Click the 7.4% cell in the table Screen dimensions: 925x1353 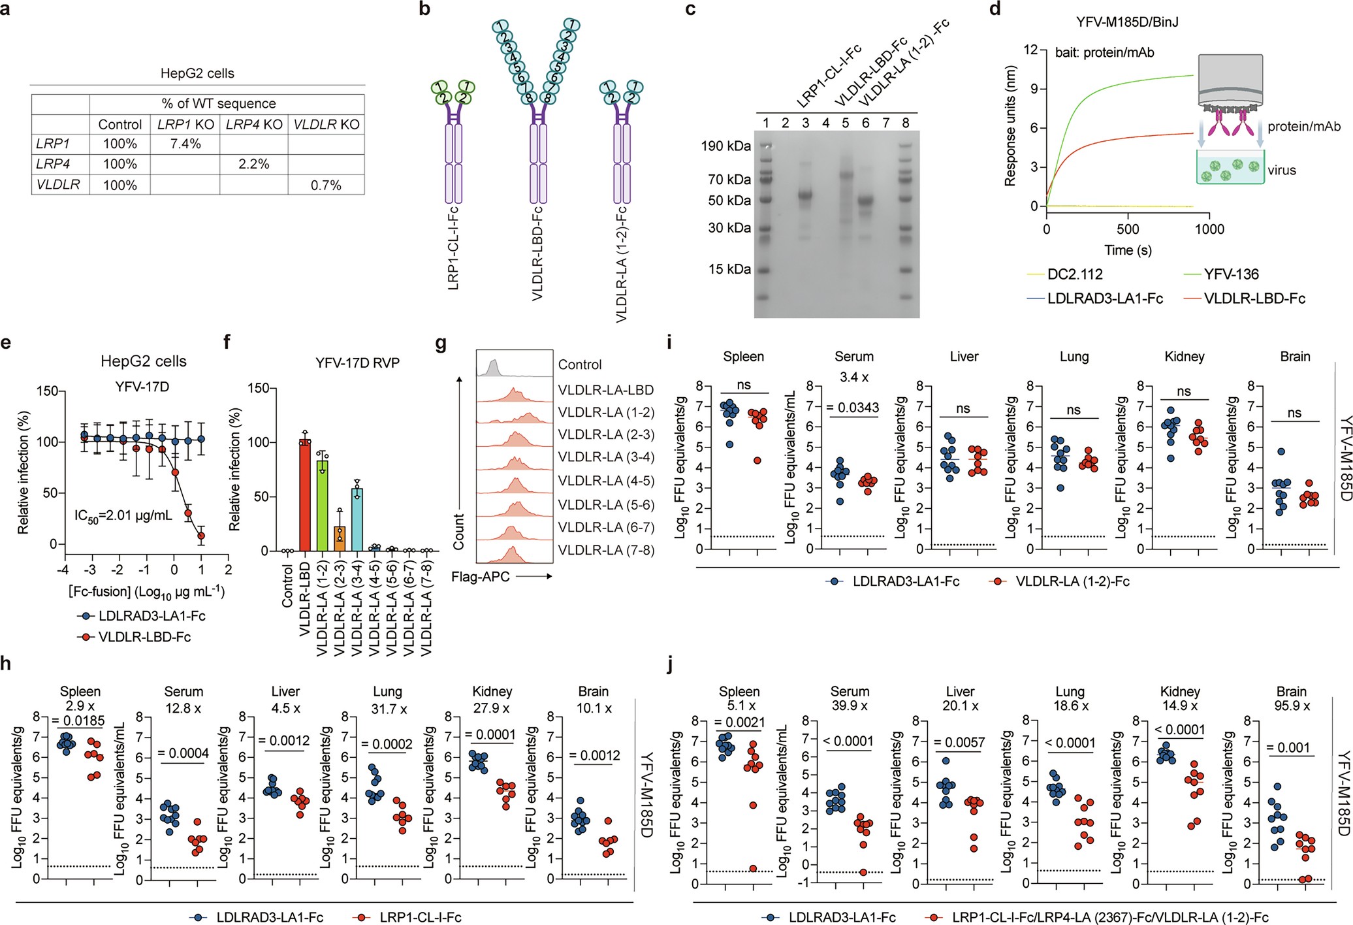pos(185,144)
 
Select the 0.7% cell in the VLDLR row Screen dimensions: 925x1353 pos(326,185)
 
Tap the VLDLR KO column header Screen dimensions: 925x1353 pos(326,124)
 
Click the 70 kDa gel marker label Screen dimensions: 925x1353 pos(729,179)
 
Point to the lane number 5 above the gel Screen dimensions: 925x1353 pos(845,123)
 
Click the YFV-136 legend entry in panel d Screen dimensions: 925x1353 pos(1230,274)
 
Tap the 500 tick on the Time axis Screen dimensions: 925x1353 pos(1128,229)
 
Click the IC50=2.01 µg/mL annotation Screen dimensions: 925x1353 pos(123,515)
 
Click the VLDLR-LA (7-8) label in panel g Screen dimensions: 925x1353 pos(606,550)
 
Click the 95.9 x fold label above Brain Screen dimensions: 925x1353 pos(1291,706)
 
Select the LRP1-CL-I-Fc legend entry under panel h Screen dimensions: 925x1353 pos(420,917)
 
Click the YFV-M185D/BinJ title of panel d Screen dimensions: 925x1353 pos(1127,22)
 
